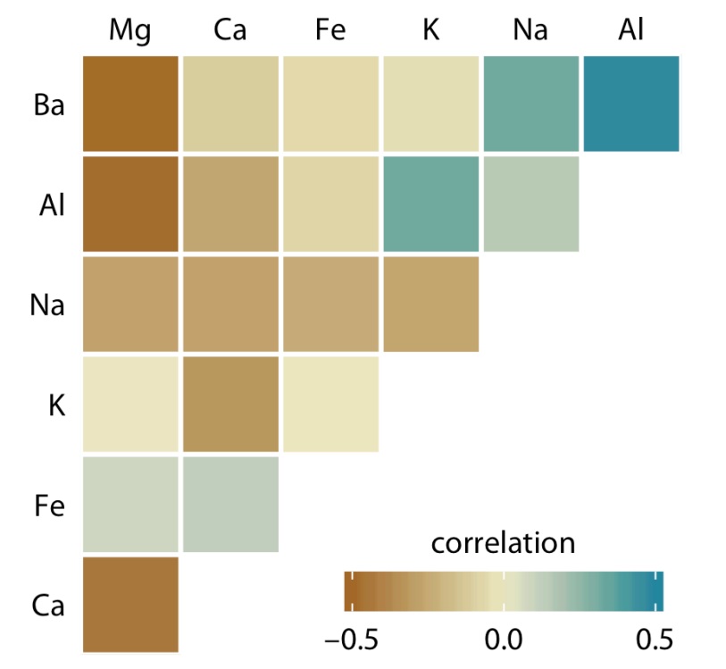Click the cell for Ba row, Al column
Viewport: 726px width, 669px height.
click(x=631, y=104)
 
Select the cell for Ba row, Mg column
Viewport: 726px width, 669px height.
click(x=131, y=104)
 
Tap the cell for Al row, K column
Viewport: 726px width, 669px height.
click(x=431, y=204)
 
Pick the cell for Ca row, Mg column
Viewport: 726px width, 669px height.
click(x=131, y=604)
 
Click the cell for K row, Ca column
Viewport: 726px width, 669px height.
click(x=231, y=404)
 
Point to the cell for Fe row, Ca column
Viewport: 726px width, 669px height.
click(x=231, y=504)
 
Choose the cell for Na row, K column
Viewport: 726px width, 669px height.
click(x=431, y=304)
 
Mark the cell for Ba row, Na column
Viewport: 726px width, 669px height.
click(x=531, y=104)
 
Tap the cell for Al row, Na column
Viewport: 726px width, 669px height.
click(x=531, y=204)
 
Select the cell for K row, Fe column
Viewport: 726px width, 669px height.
click(x=331, y=404)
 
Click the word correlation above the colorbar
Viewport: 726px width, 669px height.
click(x=503, y=543)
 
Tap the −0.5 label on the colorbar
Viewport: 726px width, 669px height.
click(x=354, y=640)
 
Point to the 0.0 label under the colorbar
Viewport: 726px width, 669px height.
click(x=503, y=640)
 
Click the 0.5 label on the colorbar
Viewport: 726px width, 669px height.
click(x=650, y=640)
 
